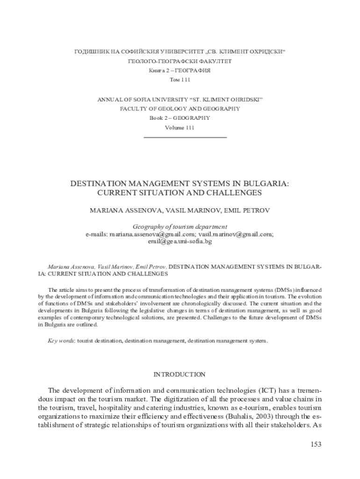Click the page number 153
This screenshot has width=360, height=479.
[x=316, y=444]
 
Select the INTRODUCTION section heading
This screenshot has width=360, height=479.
[x=180, y=374]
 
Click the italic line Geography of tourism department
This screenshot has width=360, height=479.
[x=180, y=227]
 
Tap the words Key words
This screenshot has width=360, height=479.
[x=62, y=341]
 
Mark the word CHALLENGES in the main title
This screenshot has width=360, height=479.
[x=231, y=192]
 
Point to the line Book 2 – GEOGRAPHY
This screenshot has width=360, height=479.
[x=180, y=118]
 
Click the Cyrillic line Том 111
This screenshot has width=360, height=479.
[x=180, y=80]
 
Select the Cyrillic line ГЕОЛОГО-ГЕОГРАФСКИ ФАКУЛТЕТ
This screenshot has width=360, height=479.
[x=180, y=61]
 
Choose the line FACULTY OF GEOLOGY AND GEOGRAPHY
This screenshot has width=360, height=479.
[x=180, y=109]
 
